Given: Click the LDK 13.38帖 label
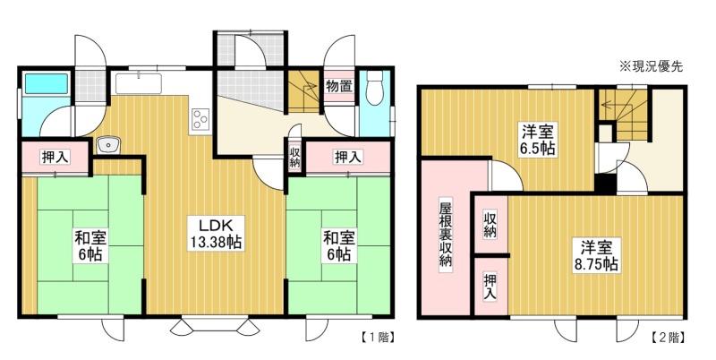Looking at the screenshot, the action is pos(215,234).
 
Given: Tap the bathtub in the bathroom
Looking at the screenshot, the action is pos(47,83).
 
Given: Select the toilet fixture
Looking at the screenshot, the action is pos(375,88).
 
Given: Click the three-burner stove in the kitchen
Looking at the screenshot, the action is pos(200,119).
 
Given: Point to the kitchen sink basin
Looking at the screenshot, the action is pos(139,83).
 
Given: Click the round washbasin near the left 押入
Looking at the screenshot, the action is pos(108,145).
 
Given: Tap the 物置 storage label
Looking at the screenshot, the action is pos(339,85).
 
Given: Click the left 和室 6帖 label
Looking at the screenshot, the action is pos(90,245).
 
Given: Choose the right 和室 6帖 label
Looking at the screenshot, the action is pos(339,245).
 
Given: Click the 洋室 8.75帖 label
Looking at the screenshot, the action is pos(596,255).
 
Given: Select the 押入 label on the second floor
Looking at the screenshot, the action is pos(490,286).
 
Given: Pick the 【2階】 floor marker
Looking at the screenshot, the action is pos(667,338).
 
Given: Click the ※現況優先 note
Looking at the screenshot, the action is pos(651,66).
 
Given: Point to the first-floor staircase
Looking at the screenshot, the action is pos(303,91).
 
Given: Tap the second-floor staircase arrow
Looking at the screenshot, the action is pos(618,105).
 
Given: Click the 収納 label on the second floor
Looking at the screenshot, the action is pos(490,225).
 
